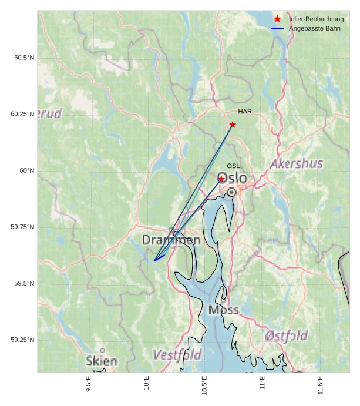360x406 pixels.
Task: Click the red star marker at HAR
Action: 233,125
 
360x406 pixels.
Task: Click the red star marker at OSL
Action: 221,179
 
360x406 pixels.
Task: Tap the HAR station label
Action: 245,111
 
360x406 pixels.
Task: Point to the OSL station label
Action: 233,166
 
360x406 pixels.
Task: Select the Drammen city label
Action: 171,240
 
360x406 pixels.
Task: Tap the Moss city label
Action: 223,310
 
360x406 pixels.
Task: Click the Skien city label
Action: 101,361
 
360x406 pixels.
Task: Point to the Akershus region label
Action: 297,163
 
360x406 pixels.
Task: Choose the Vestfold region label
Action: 177,355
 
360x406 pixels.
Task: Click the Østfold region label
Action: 286,335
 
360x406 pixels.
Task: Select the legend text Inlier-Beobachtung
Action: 317,19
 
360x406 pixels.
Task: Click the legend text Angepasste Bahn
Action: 315,28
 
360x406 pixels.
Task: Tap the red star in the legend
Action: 277,19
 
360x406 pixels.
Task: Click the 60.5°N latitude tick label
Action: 23,58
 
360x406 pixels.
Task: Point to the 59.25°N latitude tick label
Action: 22,340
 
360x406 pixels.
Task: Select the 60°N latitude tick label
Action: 27,170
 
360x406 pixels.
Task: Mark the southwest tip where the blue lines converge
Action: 154,261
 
